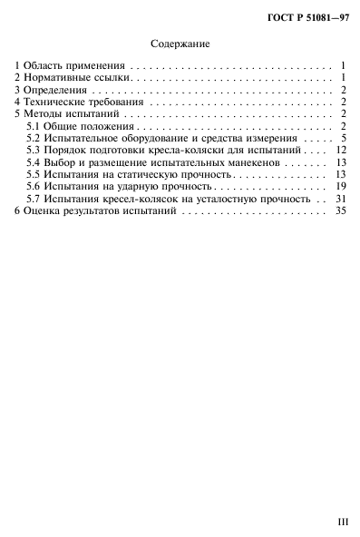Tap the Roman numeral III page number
click(x=341, y=523)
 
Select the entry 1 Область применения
click(x=71, y=66)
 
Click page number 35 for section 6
click(x=341, y=210)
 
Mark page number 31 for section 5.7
click(x=341, y=198)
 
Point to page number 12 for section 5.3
click(x=341, y=150)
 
